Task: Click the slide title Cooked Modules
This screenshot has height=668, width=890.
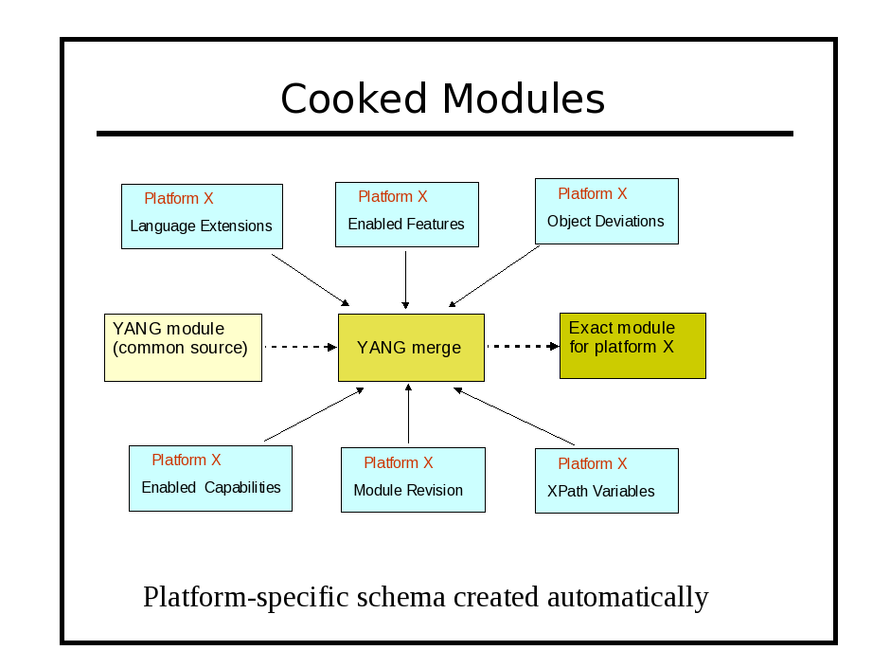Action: [x=443, y=99]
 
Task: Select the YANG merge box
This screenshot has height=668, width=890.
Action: [x=411, y=348]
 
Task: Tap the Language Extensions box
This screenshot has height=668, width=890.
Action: [x=202, y=216]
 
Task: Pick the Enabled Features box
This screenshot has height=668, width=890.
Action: [x=407, y=215]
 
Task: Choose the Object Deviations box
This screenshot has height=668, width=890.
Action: [x=607, y=211]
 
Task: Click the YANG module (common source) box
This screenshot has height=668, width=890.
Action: [x=184, y=348]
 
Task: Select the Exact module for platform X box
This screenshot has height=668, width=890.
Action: [x=632, y=346]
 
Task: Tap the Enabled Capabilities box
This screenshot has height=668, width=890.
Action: [x=210, y=478]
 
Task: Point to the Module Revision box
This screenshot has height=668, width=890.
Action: [x=413, y=480]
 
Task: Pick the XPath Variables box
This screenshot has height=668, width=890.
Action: [x=607, y=481]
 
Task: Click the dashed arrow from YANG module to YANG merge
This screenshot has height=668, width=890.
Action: [x=301, y=347]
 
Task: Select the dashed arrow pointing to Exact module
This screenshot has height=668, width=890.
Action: [x=524, y=346]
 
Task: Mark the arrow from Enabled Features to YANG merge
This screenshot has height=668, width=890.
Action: [x=405, y=280]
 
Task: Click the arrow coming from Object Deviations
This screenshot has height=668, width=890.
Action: [x=494, y=276]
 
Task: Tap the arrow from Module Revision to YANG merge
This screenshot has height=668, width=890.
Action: [x=408, y=413]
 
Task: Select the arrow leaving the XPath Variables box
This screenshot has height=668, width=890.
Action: [x=514, y=416]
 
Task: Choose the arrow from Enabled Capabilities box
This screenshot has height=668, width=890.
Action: [x=314, y=414]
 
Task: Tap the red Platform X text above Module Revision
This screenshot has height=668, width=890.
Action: [x=399, y=463]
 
